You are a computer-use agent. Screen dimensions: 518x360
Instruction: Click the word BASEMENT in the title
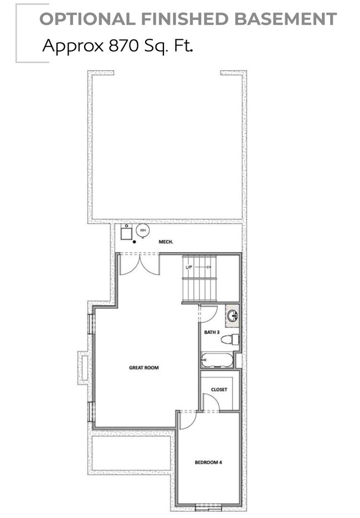tap(285, 19)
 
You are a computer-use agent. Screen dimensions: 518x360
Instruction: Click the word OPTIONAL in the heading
tap(87, 19)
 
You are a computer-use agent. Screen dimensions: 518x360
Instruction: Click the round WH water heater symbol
tap(142, 230)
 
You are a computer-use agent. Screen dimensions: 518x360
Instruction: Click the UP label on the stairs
tap(189, 268)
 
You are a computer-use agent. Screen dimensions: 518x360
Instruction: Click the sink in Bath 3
tap(233, 316)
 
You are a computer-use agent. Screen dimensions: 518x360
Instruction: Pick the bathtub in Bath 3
tap(217, 361)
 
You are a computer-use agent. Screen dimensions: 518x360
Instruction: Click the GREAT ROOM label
tap(144, 367)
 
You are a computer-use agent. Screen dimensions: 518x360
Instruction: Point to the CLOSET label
tap(219, 389)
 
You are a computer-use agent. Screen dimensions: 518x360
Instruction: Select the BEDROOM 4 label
tap(208, 462)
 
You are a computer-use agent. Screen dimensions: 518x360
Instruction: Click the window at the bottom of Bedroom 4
tap(209, 505)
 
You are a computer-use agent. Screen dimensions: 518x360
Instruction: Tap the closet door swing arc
tap(212, 403)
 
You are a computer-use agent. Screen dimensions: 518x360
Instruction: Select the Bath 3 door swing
tap(208, 314)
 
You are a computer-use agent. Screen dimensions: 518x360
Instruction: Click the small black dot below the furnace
tap(135, 242)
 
